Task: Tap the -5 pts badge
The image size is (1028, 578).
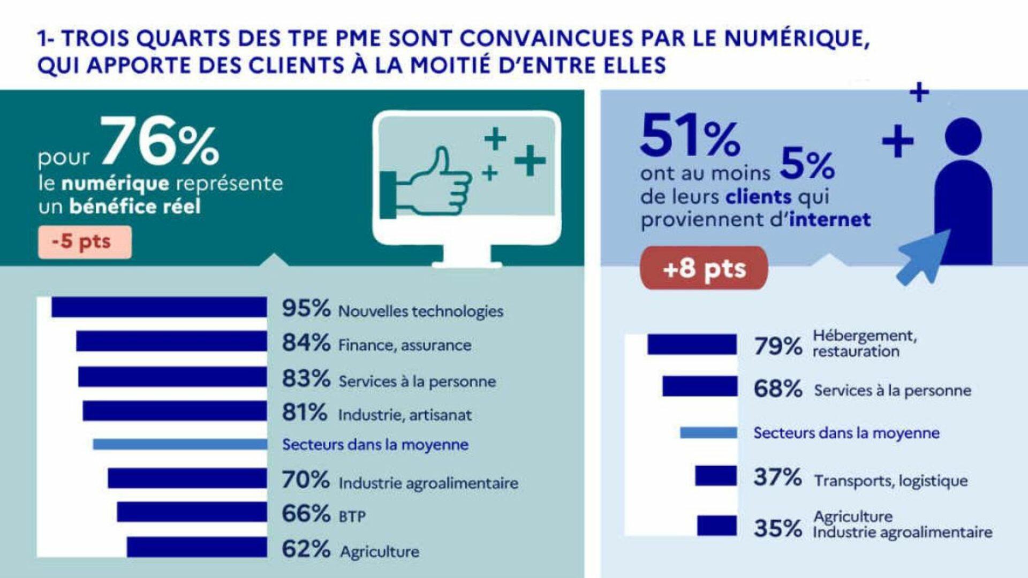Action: (85, 242)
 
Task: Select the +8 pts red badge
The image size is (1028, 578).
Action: (704, 268)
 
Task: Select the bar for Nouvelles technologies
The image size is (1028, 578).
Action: (159, 307)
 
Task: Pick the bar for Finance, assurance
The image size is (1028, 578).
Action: (171, 341)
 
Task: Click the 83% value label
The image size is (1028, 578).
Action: (306, 379)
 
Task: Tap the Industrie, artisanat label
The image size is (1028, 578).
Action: (405, 415)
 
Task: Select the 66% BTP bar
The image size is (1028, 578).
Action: (192, 512)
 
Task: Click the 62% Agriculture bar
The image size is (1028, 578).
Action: (196, 547)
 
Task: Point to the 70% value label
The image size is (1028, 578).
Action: (306, 480)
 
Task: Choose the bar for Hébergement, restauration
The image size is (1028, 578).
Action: (692, 345)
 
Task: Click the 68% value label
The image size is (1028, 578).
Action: (777, 389)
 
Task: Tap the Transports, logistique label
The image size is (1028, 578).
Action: (891, 481)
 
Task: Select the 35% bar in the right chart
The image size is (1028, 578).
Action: (717, 526)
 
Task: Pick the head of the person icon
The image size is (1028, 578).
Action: (963, 136)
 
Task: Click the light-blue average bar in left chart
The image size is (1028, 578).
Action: (180, 444)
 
